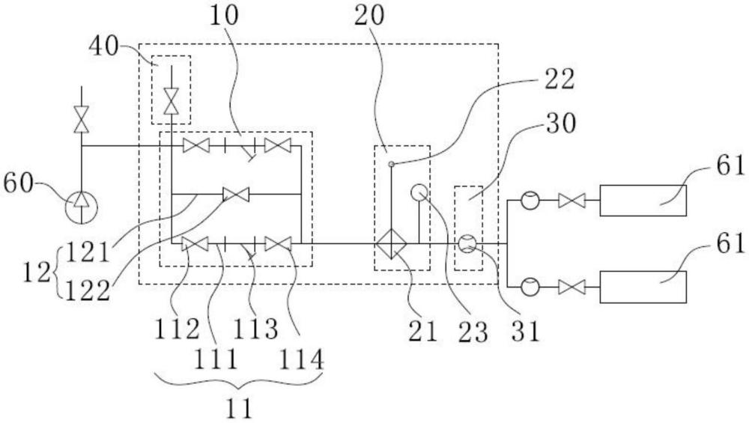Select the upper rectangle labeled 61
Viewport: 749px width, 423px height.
[x=643, y=201]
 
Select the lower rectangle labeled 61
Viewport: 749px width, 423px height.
[x=643, y=287]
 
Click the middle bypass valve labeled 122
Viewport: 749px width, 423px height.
[x=236, y=195]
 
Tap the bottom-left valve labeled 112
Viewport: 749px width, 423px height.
[x=195, y=243]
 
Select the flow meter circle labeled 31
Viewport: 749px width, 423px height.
[x=467, y=243]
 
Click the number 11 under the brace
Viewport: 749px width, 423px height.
[x=239, y=407]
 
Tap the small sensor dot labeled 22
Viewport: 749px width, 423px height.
[x=391, y=163]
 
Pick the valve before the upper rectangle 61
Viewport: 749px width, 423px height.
[x=572, y=201]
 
